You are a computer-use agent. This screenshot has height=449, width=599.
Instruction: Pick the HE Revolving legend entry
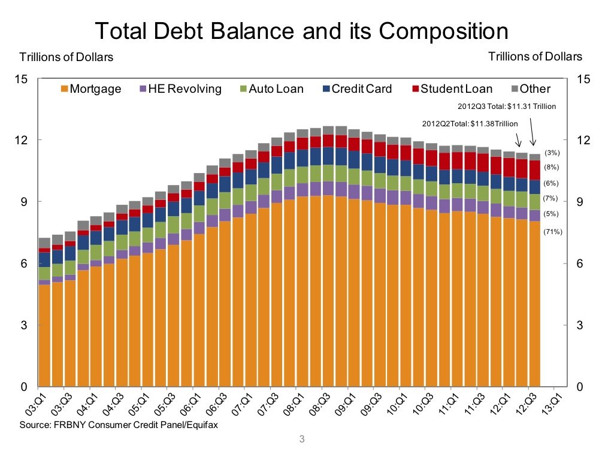pyautogui.click(x=180, y=89)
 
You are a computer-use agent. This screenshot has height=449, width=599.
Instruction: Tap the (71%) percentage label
pyautogui.click(x=553, y=232)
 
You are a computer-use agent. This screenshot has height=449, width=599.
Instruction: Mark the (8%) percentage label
pyautogui.click(x=551, y=167)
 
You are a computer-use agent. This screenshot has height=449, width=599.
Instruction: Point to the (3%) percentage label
pyautogui.click(x=551, y=153)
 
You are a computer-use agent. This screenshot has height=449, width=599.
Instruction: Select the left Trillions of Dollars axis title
pyautogui.click(x=66, y=57)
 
